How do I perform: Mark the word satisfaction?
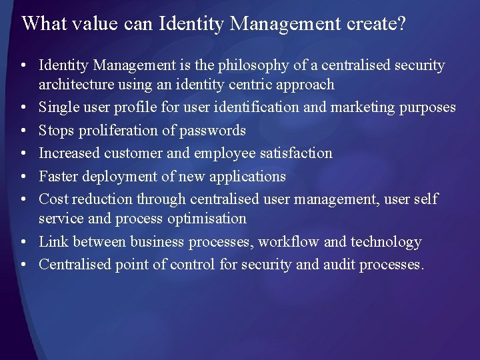(x=296, y=153)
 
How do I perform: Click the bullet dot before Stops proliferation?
(x=23, y=131)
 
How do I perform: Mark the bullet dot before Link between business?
(x=23, y=242)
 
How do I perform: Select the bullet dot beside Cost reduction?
(x=23, y=199)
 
